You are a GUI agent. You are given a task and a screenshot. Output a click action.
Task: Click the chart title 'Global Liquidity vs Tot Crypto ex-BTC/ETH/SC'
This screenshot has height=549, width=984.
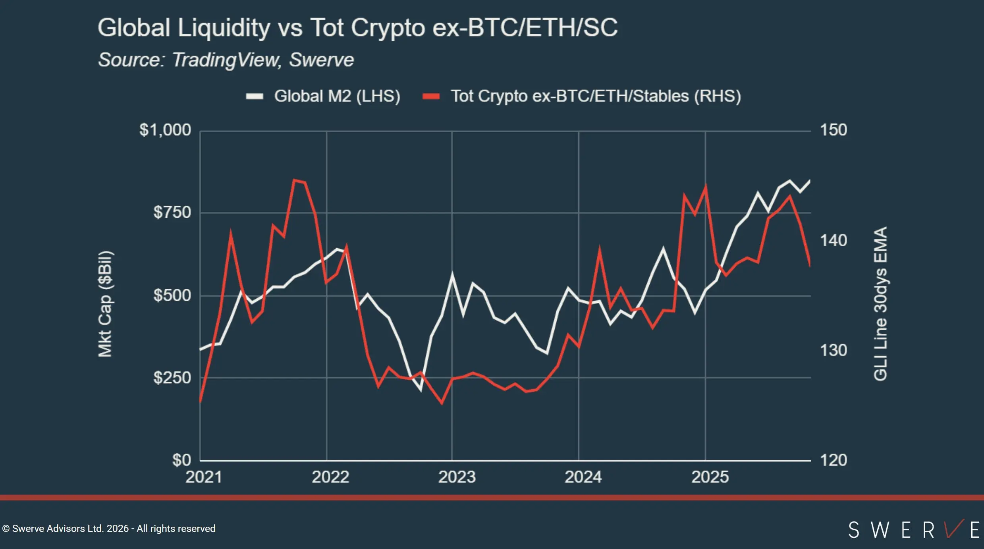[357, 28]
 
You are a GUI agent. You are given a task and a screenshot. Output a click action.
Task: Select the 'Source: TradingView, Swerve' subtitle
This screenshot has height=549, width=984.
[226, 60]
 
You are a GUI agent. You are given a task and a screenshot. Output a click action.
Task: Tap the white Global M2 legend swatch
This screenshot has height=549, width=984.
[255, 96]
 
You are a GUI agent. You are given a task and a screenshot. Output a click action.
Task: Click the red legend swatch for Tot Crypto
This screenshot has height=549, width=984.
[431, 96]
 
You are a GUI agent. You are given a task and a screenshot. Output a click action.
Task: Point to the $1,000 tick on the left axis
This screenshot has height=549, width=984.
[165, 130]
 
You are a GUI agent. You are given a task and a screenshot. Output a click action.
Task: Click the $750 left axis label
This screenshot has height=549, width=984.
[172, 212]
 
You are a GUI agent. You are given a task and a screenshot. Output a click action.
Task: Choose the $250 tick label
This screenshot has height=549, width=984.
[172, 377]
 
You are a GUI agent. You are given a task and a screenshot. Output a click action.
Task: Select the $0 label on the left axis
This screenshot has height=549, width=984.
[181, 460]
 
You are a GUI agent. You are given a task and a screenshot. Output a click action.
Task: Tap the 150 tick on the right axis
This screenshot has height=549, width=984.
[834, 130]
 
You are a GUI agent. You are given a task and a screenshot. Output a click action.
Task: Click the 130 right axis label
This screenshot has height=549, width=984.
[834, 350]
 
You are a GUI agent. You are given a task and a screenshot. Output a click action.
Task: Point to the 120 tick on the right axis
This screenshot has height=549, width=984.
[834, 460]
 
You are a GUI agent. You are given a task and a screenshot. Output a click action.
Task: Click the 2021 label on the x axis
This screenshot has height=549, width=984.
[203, 477]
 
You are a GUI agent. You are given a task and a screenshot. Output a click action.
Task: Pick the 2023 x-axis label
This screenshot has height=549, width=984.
[457, 477]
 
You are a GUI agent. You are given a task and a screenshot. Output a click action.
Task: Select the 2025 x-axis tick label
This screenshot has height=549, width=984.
[710, 477]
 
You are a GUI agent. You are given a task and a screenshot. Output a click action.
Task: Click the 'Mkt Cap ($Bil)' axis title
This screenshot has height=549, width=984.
[105, 304]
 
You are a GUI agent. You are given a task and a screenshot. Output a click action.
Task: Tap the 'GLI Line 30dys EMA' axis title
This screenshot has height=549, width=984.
[880, 304]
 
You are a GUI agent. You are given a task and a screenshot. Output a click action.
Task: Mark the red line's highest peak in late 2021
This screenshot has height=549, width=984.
[294, 180]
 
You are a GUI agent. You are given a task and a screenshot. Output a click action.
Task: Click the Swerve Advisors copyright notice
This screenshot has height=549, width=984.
[109, 529]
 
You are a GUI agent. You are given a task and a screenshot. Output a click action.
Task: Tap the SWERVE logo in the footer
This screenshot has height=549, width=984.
[913, 530]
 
